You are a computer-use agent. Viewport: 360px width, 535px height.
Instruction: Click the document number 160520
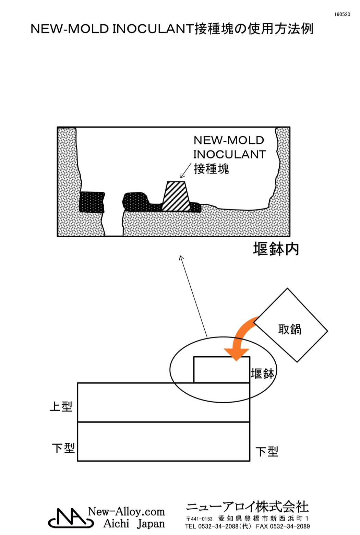[x=342, y=14]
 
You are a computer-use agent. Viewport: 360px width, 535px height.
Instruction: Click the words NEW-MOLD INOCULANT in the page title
[x=112, y=29]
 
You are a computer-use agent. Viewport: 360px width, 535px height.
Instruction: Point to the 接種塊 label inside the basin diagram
[x=211, y=169]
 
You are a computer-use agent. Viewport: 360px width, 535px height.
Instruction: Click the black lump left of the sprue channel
[x=92, y=202]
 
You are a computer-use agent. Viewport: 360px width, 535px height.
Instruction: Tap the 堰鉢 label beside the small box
[x=263, y=373]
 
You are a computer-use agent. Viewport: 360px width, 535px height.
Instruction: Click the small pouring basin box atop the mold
[x=221, y=370]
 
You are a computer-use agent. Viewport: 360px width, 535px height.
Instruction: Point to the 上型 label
[x=61, y=406]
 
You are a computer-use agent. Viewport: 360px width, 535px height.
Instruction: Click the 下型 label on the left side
[x=63, y=448]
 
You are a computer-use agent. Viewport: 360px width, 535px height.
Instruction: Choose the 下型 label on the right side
[x=267, y=451]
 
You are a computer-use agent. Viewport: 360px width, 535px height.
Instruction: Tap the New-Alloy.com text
[x=126, y=512]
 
